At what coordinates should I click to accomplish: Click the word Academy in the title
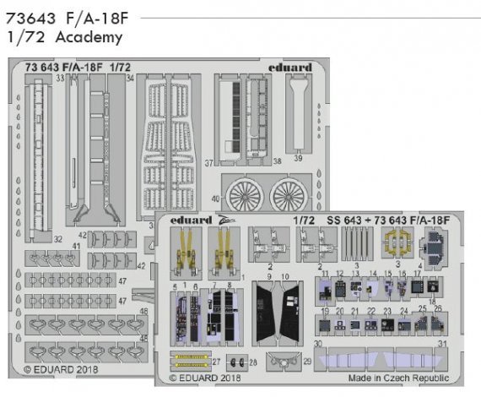point(90,37)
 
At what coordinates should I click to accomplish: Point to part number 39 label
point(298,158)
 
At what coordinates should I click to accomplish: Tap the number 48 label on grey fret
point(143,312)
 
